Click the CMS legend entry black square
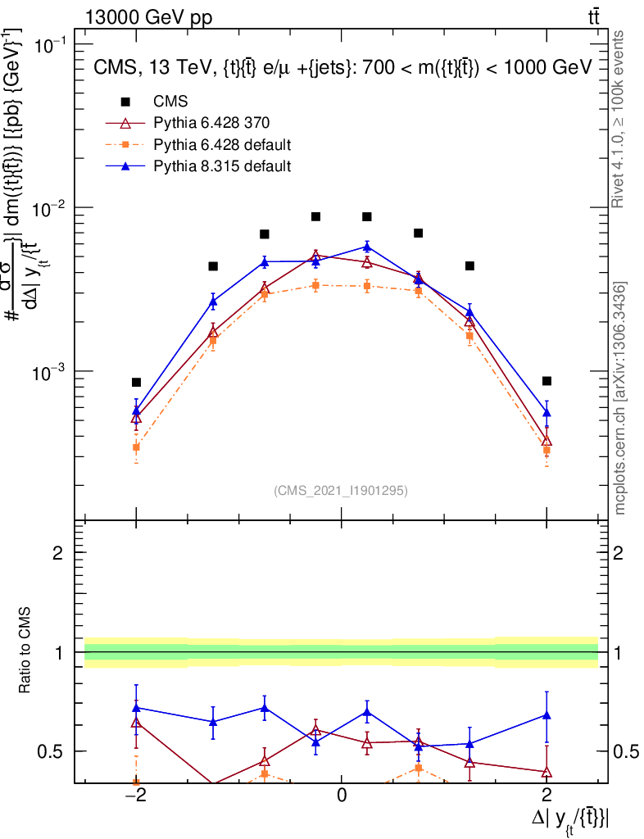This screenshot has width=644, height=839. [125, 102]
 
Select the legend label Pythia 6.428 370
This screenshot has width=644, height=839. [212, 124]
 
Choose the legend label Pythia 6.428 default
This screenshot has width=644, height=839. [223, 145]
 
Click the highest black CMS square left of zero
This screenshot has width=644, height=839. [315, 216]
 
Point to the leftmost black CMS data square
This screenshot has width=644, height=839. [136, 382]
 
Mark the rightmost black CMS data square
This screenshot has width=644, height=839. [546, 381]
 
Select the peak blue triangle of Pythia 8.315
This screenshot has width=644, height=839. [367, 246]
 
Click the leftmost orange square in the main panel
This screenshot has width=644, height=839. [136, 447]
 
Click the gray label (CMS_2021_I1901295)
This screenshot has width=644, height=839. [341, 491]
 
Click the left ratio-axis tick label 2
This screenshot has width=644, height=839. [59, 554]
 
